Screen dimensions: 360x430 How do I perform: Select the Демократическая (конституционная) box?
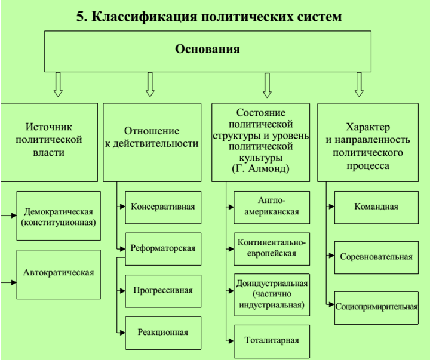tap(58, 216)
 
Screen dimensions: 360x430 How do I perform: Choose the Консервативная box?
tap(163, 207)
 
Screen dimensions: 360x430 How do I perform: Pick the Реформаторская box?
tap(163, 248)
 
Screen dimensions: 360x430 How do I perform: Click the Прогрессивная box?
tap(163, 291)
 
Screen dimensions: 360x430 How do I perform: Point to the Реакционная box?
tap(163, 333)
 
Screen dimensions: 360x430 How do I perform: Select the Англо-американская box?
tap(272, 207)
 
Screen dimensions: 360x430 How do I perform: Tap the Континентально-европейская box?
tap(272, 248)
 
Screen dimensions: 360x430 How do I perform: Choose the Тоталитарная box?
tap(272, 341)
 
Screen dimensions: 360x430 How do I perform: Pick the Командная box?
tap(376, 207)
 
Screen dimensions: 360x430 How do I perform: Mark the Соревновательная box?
tap(376, 257)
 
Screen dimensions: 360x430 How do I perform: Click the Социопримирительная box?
tap(376, 307)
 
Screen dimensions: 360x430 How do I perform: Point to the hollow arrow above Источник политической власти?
tap(58, 84)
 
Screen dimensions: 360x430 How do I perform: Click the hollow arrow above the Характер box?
tap(360, 84)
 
